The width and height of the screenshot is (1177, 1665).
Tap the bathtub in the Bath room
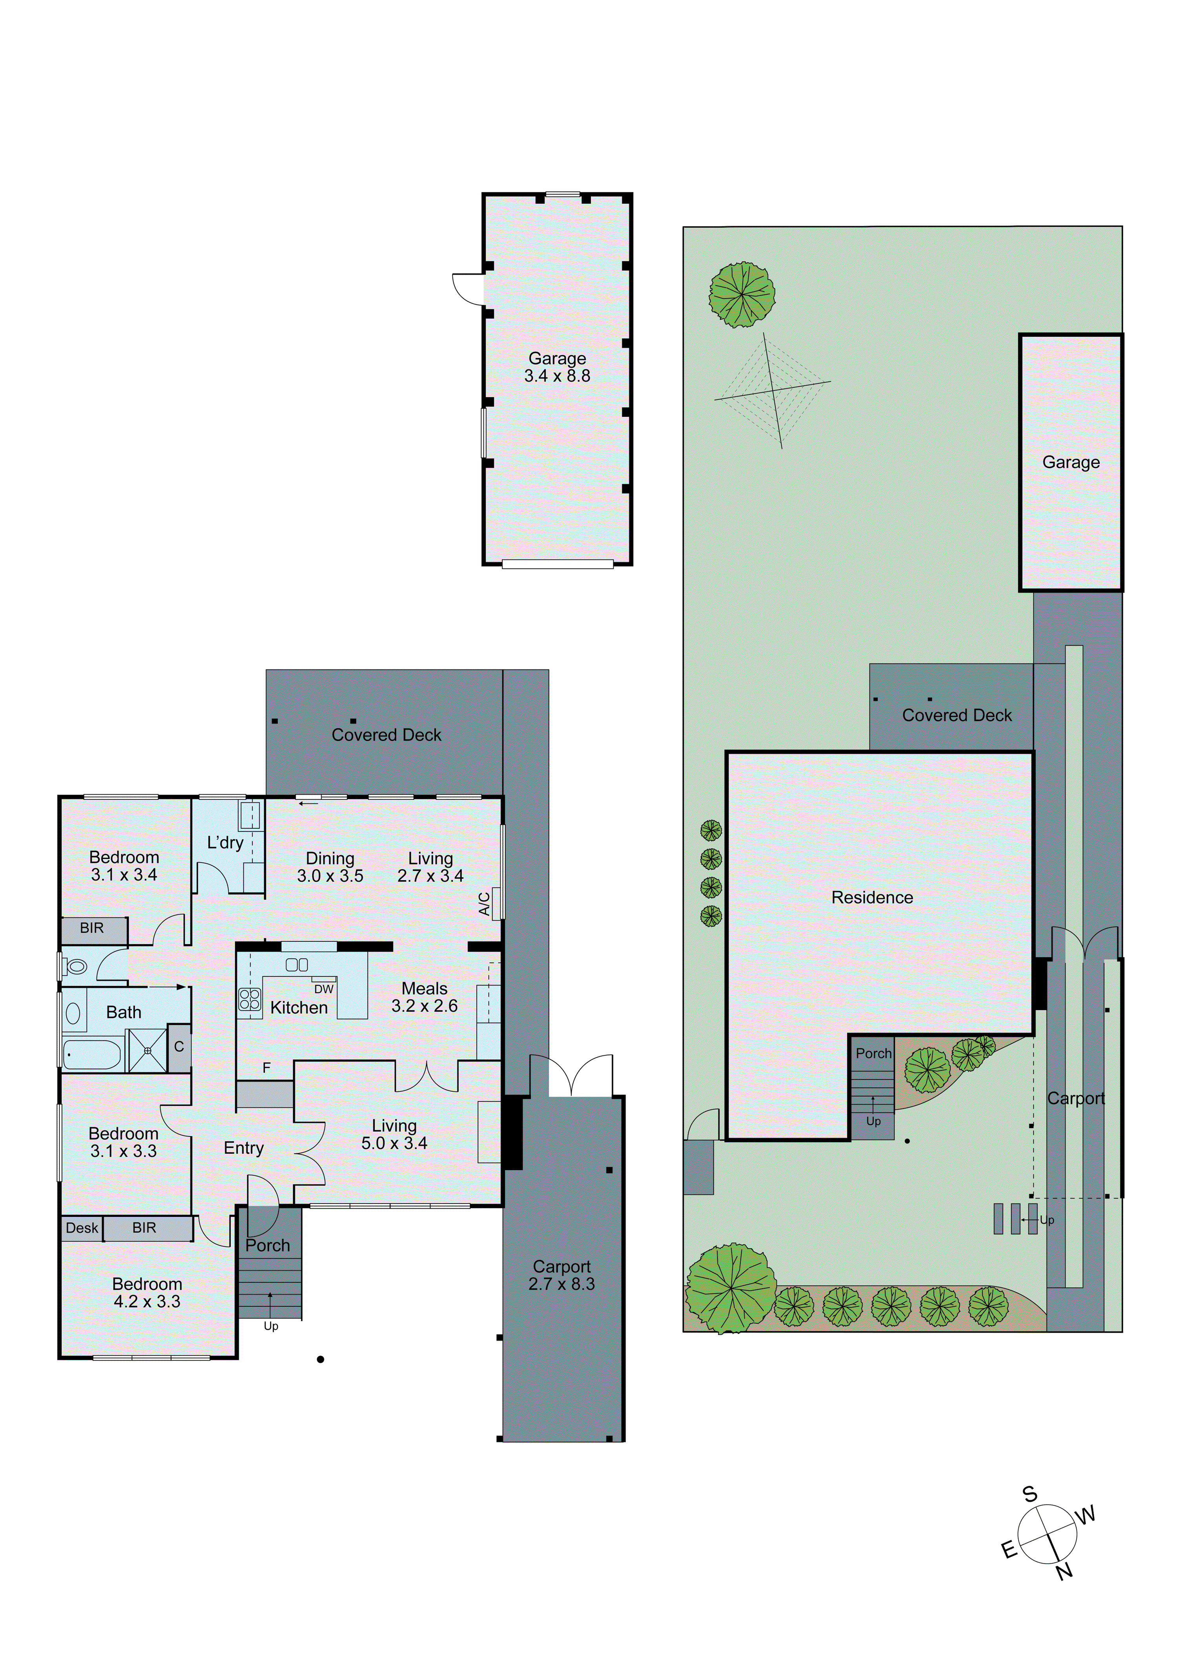pyautogui.click(x=92, y=1054)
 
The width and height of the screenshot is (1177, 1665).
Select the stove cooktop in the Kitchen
pyautogui.click(x=250, y=999)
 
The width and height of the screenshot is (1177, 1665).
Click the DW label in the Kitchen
pyautogui.click(x=323, y=989)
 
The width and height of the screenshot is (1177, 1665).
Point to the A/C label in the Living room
pyautogui.click(x=484, y=904)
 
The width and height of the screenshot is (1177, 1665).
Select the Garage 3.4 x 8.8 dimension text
pyautogui.click(x=557, y=376)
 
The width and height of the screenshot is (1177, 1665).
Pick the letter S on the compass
pyautogui.click(x=1030, y=1494)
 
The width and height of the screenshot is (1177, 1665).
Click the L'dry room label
pyautogui.click(x=225, y=842)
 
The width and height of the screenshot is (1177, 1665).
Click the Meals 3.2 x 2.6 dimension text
pyautogui.click(x=424, y=1006)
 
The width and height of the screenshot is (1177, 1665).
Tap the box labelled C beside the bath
pyautogui.click(x=179, y=1047)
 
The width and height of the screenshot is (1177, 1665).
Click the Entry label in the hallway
pyautogui.click(x=244, y=1147)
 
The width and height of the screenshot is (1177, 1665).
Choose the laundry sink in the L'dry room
pyautogui.click(x=250, y=813)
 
